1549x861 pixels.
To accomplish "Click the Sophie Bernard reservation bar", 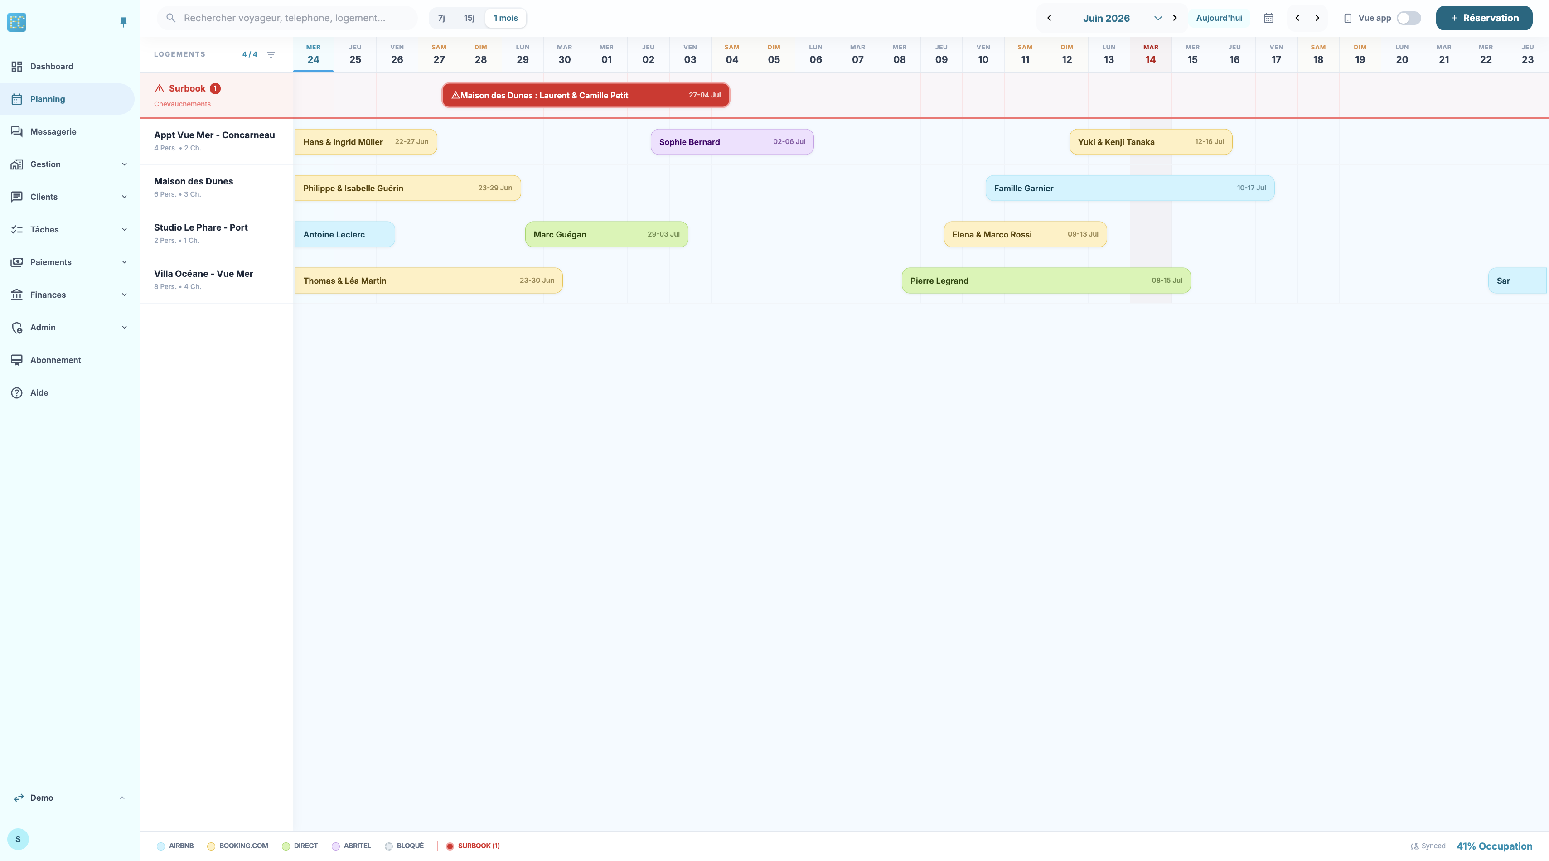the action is coord(732,142).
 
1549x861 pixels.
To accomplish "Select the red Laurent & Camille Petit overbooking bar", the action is coord(586,95).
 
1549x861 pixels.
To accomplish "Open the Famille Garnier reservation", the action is coord(1130,188).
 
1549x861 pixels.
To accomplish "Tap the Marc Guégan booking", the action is coord(606,234).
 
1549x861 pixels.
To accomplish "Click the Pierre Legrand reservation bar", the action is coord(1046,281).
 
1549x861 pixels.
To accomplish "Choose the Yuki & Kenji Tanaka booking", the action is coord(1150,142).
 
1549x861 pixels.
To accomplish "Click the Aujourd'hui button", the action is coord(1219,18).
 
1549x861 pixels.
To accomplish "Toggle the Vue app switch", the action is coord(1409,18).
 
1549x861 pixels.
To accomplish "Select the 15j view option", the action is coord(469,18).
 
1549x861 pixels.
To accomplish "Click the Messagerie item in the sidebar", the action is coord(53,132).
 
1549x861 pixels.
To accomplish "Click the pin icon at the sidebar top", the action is coord(123,22).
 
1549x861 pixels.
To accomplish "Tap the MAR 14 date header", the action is coord(1150,54).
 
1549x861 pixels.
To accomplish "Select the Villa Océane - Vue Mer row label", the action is coord(203,274).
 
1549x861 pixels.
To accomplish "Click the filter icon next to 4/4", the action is coord(271,55).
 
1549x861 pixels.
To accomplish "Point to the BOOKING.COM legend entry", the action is coord(237,846).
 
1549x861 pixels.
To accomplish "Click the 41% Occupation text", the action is coord(1494,846).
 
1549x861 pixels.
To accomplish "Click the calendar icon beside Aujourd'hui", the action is coord(1269,18).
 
